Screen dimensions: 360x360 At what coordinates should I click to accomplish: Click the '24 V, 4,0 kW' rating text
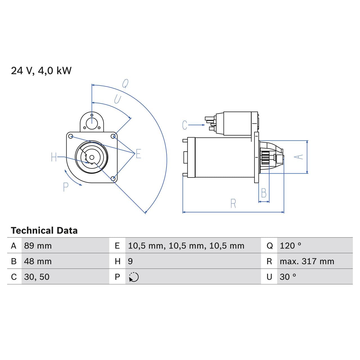[41, 71]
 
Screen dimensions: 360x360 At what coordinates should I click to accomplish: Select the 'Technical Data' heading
[44, 231]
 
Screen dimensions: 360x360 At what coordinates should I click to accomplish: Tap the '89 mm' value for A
[38, 246]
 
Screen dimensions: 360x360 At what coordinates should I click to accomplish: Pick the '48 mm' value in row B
[38, 261]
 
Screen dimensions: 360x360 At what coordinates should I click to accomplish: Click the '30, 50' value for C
[37, 277]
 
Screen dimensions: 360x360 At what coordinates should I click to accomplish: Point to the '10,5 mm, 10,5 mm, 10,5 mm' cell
[186, 246]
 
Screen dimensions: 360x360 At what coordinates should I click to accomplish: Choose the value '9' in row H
[130, 261]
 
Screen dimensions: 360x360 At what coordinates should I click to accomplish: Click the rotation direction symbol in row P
[134, 277]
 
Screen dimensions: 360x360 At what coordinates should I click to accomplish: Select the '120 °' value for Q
[290, 246]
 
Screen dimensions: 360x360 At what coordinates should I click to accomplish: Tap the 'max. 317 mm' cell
[307, 261]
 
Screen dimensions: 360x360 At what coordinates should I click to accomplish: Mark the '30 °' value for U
[288, 277]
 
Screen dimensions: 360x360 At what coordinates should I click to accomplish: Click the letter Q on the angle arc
[125, 84]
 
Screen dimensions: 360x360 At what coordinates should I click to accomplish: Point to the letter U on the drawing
[118, 99]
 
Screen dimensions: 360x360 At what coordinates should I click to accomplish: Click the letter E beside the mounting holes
[138, 154]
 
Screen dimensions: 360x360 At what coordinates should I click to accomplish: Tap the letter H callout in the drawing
[54, 157]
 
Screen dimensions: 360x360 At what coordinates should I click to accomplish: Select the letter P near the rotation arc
[66, 187]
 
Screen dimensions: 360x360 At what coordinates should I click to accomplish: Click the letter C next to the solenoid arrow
[184, 125]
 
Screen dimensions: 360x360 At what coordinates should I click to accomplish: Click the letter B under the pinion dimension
[264, 193]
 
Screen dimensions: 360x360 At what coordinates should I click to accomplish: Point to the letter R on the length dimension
[233, 204]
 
